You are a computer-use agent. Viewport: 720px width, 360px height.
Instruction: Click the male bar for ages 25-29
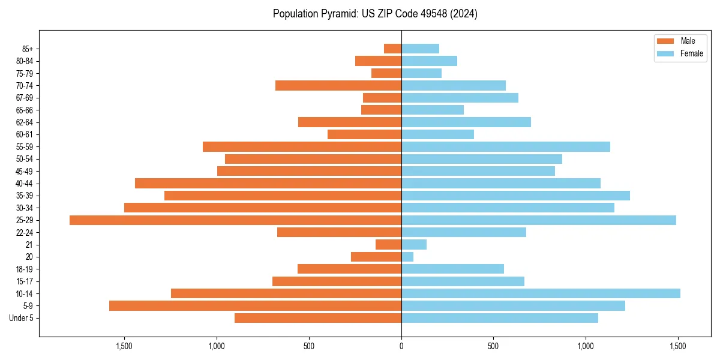[235, 220]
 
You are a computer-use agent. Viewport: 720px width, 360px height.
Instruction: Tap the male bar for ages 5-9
[255, 306]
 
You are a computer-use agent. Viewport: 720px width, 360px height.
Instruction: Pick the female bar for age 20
[407, 257]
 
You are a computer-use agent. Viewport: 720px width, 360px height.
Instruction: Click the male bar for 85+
[392, 49]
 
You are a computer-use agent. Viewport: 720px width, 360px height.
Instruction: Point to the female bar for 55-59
[506, 146]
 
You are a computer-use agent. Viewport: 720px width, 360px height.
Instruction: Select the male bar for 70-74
[338, 85]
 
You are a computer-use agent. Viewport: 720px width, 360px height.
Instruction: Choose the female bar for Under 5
[500, 318]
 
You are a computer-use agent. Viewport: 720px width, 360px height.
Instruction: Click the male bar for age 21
[388, 245]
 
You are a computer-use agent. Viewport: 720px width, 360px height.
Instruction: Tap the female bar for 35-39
[515, 196]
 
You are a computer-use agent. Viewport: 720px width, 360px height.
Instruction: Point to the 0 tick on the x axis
[401, 346]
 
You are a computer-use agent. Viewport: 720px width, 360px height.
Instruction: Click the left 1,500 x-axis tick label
[124, 346]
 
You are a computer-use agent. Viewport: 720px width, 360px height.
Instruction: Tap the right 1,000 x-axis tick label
[586, 346]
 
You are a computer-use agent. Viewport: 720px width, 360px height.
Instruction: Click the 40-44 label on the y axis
[25, 184]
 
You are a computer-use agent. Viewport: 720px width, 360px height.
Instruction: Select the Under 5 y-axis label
[21, 318]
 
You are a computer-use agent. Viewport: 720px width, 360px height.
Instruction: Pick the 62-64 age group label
[25, 122]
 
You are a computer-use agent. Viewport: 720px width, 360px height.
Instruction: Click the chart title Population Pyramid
[375, 14]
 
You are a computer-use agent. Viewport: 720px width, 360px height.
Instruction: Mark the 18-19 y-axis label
[25, 269]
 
